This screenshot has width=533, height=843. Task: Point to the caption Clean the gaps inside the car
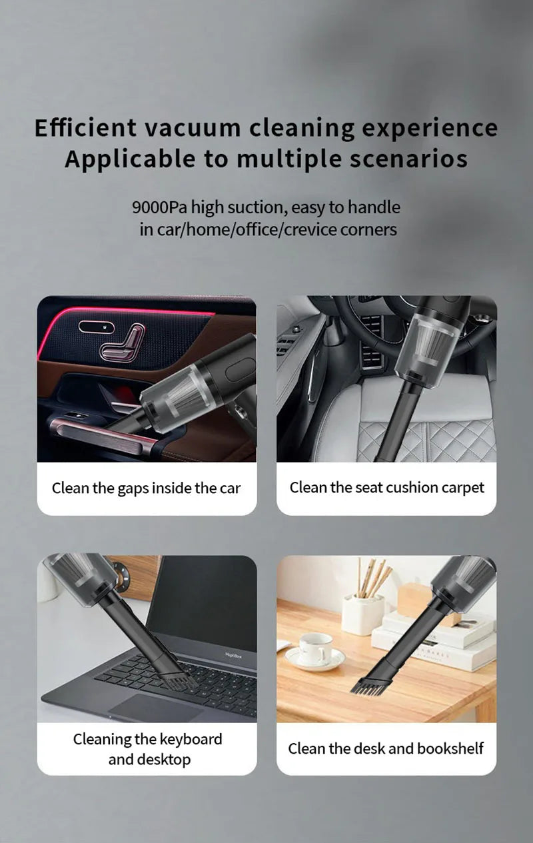click(146, 488)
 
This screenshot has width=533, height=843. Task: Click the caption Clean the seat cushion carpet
click(386, 488)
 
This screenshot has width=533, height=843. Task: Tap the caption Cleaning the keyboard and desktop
click(147, 749)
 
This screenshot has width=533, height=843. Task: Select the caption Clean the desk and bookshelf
click(386, 748)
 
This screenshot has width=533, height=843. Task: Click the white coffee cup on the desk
click(314, 648)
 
